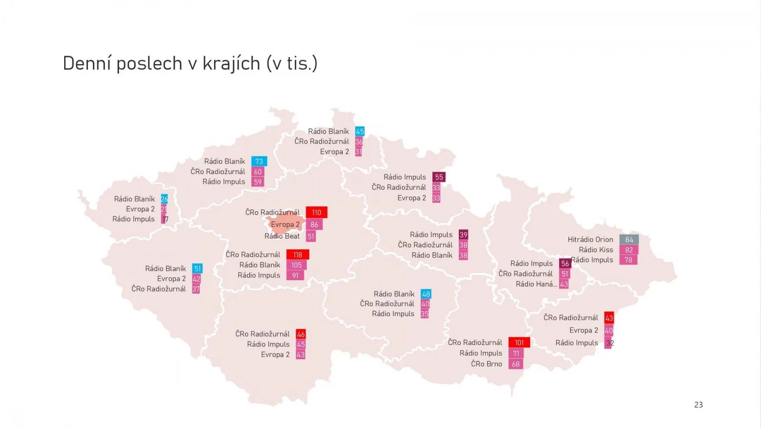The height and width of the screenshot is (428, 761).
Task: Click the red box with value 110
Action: tap(316, 213)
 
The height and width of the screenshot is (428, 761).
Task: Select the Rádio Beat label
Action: tap(282, 236)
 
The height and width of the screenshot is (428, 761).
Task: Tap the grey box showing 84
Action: tap(629, 240)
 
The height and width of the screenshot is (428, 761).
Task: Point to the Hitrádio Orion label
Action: tap(590, 240)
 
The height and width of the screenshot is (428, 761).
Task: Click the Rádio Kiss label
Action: tap(596, 250)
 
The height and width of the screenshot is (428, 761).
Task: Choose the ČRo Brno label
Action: tap(487, 364)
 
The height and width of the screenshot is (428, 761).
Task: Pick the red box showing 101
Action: tap(519, 342)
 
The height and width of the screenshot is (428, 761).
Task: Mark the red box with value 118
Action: tap(298, 255)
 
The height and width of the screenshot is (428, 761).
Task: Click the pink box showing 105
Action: tap(296, 265)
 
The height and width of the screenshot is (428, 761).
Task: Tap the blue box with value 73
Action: tap(259, 162)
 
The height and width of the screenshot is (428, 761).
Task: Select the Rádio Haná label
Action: tap(536, 284)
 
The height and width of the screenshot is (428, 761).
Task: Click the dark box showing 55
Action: tap(439, 177)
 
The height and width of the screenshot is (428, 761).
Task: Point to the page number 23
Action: tap(698, 405)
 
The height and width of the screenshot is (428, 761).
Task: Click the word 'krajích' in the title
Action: tap(231, 64)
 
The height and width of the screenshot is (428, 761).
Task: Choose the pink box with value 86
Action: tap(314, 224)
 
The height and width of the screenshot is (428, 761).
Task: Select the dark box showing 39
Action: tap(463, 235)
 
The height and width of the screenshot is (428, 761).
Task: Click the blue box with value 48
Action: tap(426, 294)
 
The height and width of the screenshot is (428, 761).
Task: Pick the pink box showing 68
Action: tap(516, 364)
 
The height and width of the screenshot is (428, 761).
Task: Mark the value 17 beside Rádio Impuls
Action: tap(165, 219)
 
